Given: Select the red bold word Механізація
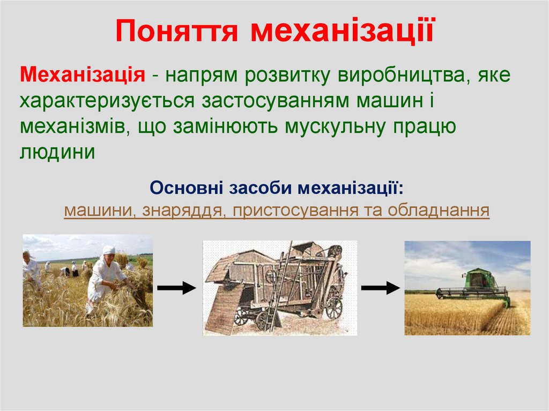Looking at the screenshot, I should [x=83, y=75].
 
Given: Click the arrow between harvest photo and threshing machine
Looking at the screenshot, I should [x=176, y=288].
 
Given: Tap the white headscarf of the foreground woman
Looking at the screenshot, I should [x=109, y=250].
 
